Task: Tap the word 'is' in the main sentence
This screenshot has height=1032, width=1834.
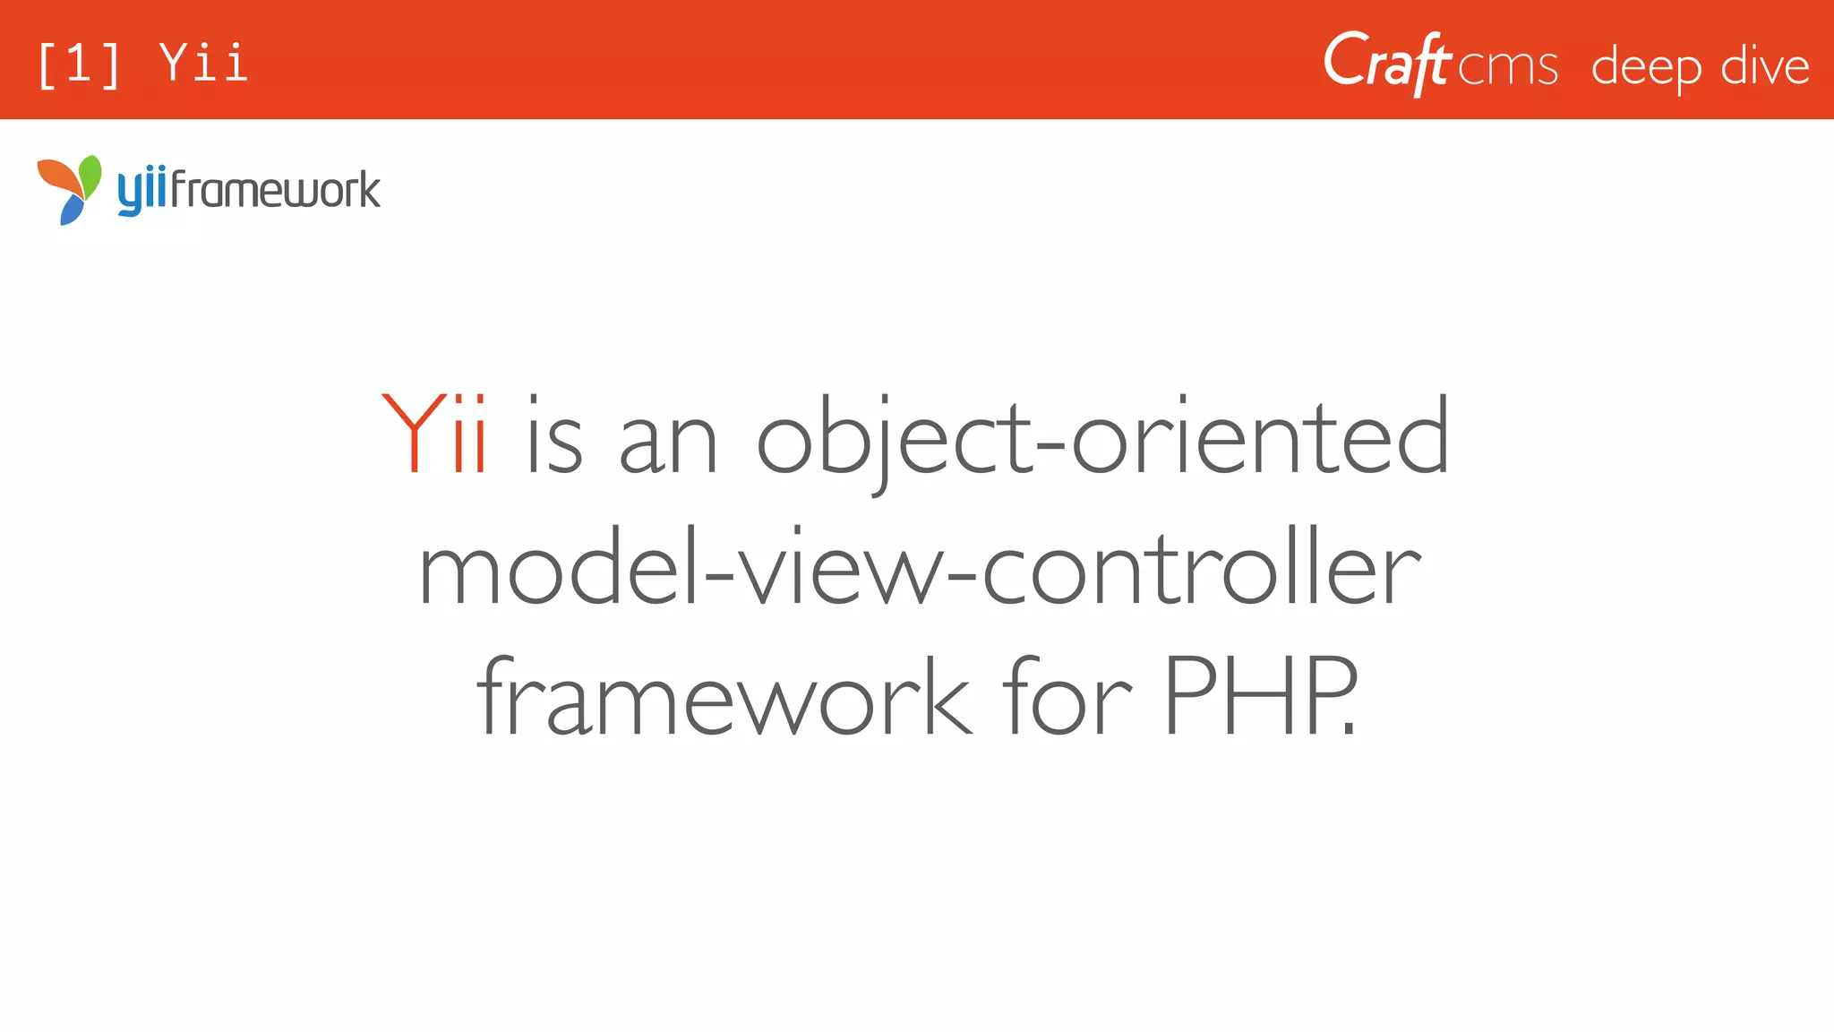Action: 554,436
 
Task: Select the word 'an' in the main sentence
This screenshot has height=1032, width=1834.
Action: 668,443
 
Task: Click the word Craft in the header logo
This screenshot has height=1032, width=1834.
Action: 1386,63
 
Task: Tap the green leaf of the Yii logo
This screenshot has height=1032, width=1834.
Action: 90,171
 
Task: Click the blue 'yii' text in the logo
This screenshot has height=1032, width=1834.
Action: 142,192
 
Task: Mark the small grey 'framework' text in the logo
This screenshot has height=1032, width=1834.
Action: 276,190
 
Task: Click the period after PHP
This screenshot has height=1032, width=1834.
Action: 1350,729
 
